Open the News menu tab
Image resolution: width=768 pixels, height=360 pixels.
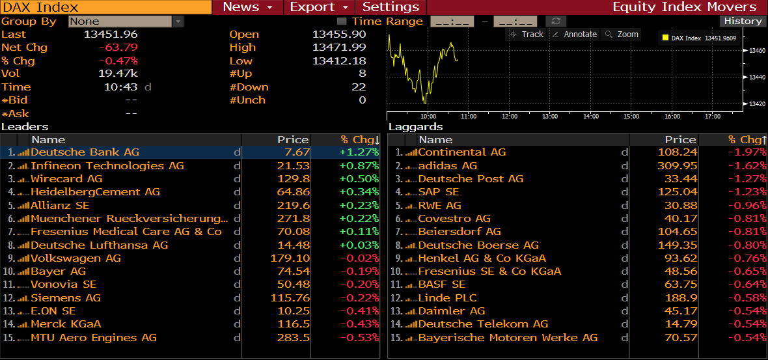[247, 7]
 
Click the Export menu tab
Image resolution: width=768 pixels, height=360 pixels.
[318, 7]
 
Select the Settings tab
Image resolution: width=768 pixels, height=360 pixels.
[391, 7]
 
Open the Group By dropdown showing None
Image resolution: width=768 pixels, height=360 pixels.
[126, 21]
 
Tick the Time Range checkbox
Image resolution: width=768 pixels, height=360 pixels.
[342, 21]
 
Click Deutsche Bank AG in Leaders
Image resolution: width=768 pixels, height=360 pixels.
[85, 152]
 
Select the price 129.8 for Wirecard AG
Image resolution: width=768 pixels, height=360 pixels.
[293, 179]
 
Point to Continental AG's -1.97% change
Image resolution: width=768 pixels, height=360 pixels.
[747, 152]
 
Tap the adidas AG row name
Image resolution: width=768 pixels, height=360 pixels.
[448, 165]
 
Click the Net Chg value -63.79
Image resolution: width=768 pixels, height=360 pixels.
[118, 48]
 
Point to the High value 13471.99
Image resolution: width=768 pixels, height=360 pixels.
[339, 48]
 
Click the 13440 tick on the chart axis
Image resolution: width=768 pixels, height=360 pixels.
[756, 77]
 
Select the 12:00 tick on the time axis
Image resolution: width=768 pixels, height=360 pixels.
[510, 117]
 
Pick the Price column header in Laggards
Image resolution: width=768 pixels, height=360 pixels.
[680, 139]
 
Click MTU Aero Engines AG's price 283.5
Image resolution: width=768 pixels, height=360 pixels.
[293, 338]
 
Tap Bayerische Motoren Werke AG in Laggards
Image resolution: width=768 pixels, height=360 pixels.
[508, 338]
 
